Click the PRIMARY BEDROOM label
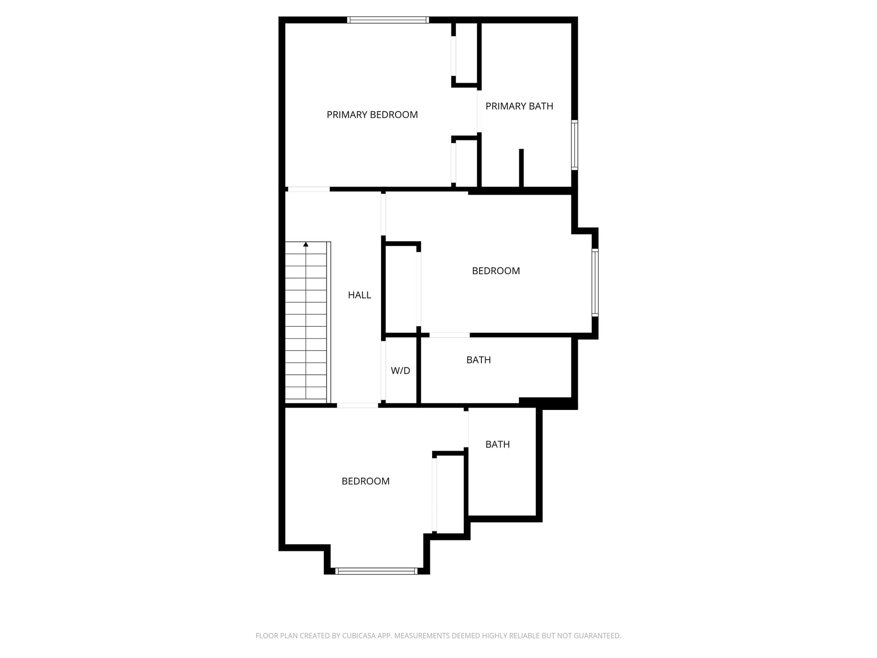372,115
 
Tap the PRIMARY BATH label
519,106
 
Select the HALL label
359,295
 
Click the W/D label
401,371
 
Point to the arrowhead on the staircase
306,245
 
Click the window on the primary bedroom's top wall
388,20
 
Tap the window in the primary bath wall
575,145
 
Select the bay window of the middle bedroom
595,282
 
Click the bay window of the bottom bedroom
376,571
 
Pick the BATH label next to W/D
479,360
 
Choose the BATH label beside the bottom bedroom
497,445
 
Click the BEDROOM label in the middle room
496,271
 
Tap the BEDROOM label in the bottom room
365,481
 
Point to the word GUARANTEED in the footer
598,636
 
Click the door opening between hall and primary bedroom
309,189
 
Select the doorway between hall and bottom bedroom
358,405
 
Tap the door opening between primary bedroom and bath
479,111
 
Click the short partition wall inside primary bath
521,168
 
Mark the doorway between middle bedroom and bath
449,335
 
